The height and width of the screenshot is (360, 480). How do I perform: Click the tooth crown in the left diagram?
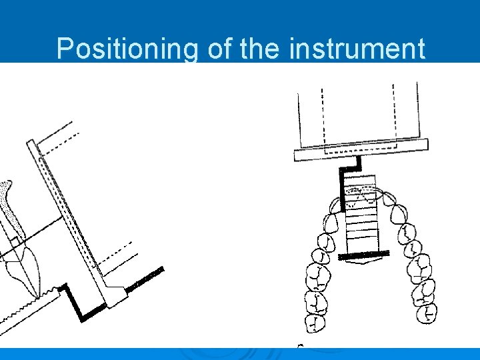tap(24, 267)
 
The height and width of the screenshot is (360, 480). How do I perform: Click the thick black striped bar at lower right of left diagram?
tap(145, 279)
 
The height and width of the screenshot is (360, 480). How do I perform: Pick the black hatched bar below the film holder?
tap(364, 255)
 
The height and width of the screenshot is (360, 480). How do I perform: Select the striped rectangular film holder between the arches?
tap(361, 213)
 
